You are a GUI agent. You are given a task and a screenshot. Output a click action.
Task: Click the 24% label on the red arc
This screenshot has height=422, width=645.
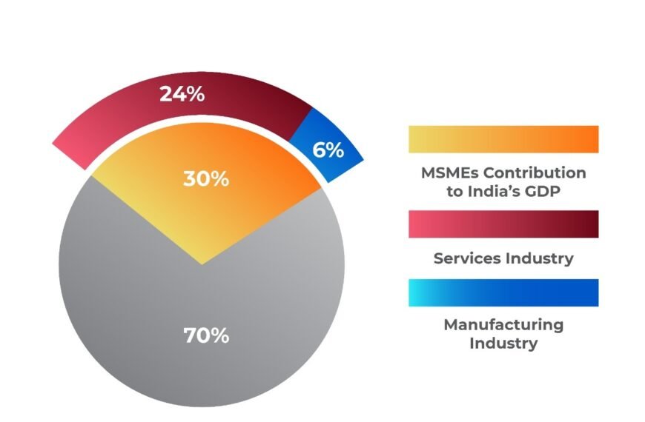coord(182,95)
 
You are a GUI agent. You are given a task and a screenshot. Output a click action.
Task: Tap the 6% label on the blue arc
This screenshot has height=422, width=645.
coord(328,150)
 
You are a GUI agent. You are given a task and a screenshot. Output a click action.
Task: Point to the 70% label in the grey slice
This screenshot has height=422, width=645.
coord(207,335)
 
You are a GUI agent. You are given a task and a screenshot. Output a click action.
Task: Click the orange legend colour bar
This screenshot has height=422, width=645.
coord(503,139)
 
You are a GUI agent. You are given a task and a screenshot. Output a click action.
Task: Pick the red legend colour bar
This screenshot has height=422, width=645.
coord(503,224)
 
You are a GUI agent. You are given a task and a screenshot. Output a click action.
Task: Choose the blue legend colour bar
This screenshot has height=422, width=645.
coord(503,292)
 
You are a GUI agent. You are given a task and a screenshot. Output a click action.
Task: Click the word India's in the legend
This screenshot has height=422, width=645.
coord(496,191)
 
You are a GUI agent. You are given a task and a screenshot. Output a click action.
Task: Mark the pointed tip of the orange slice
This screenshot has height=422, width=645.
coord(202,262)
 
